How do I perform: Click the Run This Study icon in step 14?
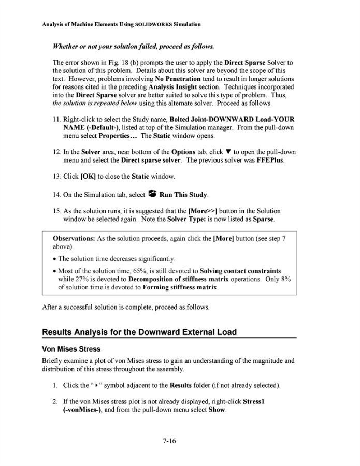tap(152, 194)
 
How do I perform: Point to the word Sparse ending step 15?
tap(263, 220)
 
